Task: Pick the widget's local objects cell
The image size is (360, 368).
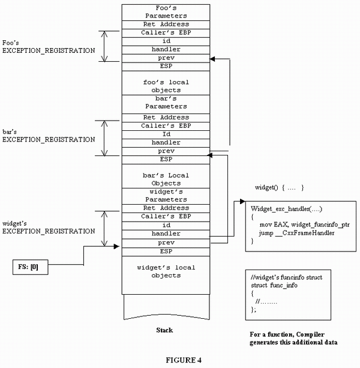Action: coord(166,271)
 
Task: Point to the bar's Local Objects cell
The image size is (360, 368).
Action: coord(166,179)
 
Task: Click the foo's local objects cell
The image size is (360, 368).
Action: coord(166,86)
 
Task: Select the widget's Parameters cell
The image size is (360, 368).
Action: coord(166,195)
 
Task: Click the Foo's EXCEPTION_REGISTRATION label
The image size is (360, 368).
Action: coord(49,47)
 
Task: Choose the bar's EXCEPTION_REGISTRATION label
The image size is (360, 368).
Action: coord(49,135)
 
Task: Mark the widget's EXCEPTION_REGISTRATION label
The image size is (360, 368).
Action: coord(49,226)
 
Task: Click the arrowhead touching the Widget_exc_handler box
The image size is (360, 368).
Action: coord(242,202)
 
